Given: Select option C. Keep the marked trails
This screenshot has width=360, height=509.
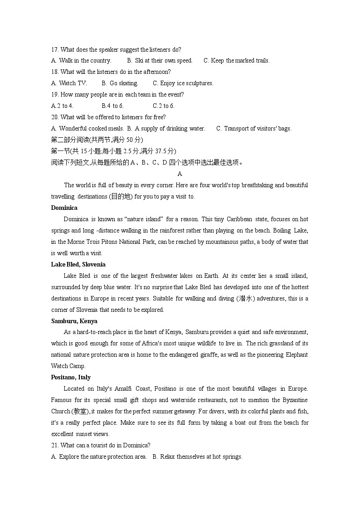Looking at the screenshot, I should (x=236, y=61).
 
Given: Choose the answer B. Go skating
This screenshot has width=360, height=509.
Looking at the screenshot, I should (x=120, y=83).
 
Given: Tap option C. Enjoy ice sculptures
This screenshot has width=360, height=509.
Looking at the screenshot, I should (x=183, y=83).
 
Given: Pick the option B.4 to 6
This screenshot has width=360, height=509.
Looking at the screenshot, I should (x=112, y=106).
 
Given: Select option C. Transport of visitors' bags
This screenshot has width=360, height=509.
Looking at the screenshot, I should (x=253, y=129).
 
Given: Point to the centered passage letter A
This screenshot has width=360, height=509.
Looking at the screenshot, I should (x=180, y=174).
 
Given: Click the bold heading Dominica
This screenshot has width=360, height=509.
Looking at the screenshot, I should (x=64, y=208).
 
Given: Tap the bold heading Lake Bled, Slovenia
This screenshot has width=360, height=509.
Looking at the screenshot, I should (x=78, y=265).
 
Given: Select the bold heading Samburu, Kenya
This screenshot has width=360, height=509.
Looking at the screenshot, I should (x=74, y=321).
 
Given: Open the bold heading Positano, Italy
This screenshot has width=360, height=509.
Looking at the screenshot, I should (x=71, y=378).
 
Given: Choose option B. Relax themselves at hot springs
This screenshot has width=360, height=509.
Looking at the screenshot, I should (x=197, y=457).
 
